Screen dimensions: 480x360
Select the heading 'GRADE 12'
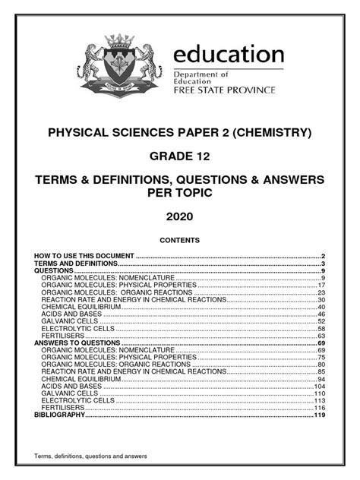click(180, 157)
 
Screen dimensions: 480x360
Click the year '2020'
click(180, 216)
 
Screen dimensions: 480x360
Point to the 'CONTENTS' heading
click(180, 240)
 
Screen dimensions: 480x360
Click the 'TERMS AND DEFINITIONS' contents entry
click(75, 264)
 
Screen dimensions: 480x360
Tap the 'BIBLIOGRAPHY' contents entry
click(60, 415)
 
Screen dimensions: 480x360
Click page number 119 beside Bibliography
click(319, 415)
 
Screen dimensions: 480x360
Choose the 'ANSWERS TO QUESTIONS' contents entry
click(77, 343)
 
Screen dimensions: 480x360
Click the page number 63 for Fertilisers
click(321, 336)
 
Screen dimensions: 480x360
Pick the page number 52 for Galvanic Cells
click(321, 321)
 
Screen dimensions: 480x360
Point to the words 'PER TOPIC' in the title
click(180, 192)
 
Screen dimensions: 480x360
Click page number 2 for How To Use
click(323, 257)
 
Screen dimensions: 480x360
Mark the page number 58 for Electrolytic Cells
click(321, 329)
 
